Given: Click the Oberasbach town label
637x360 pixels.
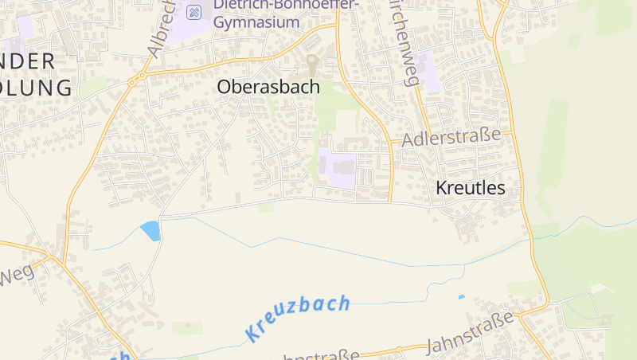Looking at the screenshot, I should coord(268,88).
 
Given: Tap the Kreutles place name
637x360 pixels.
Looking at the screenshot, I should coord(471,188).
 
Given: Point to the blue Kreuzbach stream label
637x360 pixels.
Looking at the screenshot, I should coord(298,317).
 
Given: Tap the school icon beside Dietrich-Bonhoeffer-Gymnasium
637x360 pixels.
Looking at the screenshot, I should coord(193,12).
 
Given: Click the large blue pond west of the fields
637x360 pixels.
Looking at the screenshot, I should coord(150,230).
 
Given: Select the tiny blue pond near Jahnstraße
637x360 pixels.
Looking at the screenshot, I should coord(461,297).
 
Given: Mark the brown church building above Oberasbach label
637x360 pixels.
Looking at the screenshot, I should coord(312,63).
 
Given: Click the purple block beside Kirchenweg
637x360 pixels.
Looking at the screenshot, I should coord(425,71).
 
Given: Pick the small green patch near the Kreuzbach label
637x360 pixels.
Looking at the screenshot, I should coord(187,328).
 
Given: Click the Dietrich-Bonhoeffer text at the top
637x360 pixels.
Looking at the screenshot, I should coord(286,5).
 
